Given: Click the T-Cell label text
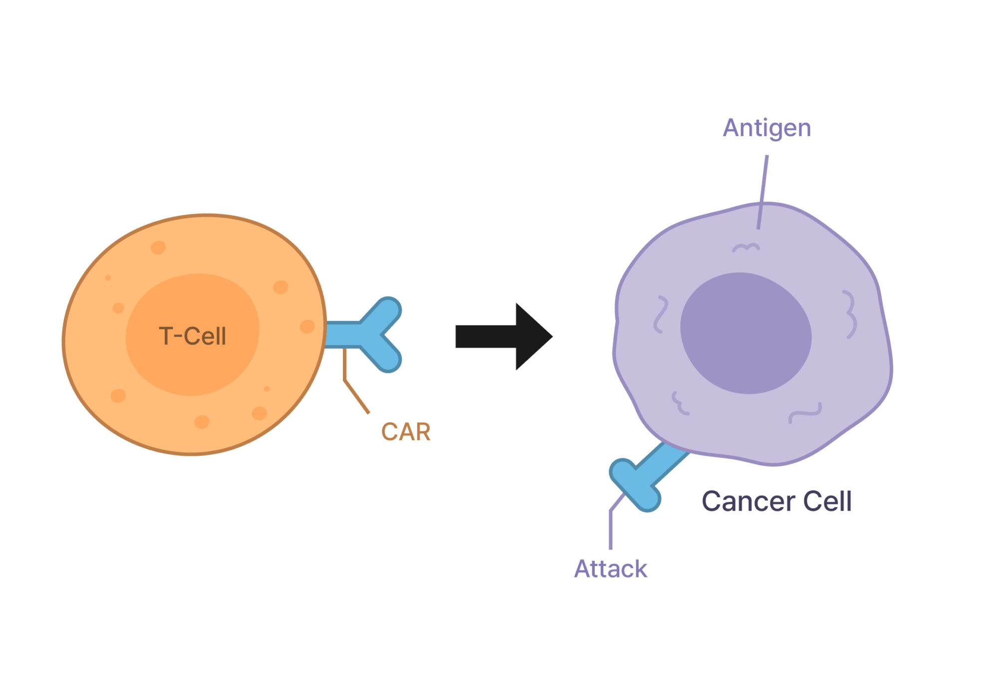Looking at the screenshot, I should pos(193,337).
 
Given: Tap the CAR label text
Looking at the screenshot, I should pos(406,432).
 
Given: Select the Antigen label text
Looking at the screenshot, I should pos(767,128).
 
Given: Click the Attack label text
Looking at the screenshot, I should pos(610,569).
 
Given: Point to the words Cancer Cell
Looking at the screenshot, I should pos(776,501).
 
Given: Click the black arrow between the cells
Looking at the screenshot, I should pos(504,337).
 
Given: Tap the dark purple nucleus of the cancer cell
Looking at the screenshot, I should pos(746,333).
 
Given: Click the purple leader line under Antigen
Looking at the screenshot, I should pos(763,192).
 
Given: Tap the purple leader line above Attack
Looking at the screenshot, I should pos(611,528).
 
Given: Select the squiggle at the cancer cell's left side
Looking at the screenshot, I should pos(661,314).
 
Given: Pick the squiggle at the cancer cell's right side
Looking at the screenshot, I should pos(850,314).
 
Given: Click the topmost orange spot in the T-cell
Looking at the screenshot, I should pos(158,247).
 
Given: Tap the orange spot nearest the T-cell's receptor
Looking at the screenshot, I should pos(307,327).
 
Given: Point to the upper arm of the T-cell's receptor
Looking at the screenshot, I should pos(384,312).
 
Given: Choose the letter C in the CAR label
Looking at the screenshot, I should pos(389,432).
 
